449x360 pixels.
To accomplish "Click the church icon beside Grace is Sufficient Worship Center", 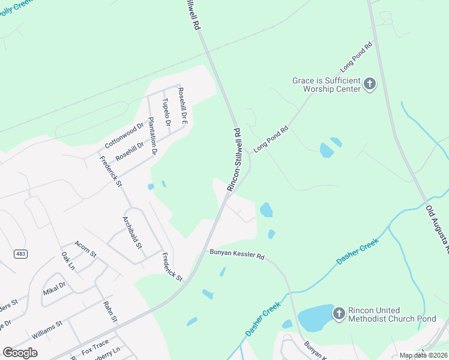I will (370, 84).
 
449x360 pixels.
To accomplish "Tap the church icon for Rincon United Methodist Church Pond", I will (339, 314).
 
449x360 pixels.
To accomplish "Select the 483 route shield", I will (20, 254).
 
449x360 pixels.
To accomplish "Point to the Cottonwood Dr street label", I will (125, 136).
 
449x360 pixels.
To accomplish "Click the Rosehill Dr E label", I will (182, 106).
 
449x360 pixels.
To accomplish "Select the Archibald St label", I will (132, 232).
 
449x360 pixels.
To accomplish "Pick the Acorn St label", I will (85, 248).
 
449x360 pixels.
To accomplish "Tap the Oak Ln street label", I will (68, 260).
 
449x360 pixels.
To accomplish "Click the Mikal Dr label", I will (54, 288).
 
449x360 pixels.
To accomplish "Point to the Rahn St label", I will (109, 312).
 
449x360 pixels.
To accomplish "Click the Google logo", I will (20, 353).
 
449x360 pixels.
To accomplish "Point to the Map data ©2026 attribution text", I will (423, 355).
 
